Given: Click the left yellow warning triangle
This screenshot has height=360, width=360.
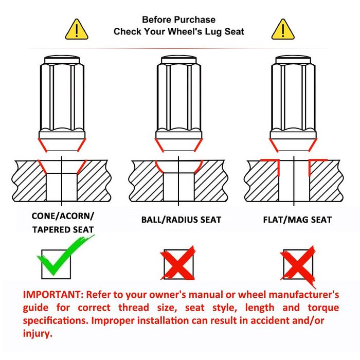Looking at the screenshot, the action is tap(77, 30).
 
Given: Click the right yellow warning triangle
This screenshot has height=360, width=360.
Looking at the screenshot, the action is tap(283, 30).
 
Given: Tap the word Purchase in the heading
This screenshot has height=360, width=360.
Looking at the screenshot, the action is tap(197, 20).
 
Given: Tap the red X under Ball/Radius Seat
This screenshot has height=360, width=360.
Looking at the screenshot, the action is tap(178, 263).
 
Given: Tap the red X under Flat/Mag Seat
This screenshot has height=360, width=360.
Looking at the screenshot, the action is tap(298, 264).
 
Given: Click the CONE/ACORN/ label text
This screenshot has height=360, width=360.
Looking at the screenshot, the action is tap(63, 216).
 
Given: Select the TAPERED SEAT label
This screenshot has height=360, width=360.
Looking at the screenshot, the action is tap(63, 229).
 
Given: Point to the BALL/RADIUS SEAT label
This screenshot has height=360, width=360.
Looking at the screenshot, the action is tap(181, 220).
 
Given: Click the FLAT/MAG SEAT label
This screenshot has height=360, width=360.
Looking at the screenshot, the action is tap(297, 220).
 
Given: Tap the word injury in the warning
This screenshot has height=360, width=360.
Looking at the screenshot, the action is tap(38, 333).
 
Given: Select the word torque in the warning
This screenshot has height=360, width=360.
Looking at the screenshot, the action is tap(323, 308).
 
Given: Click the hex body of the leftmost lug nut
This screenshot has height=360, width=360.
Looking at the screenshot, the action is tap(62, 98).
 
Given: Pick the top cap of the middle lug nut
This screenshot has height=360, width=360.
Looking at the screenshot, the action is tap(178, 60).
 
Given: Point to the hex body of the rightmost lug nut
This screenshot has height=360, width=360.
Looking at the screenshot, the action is tap(293, 98).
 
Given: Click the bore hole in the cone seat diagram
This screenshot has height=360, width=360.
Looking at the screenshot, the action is tap(62, 187).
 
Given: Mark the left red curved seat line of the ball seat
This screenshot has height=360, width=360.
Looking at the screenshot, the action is tap(158, 167).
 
